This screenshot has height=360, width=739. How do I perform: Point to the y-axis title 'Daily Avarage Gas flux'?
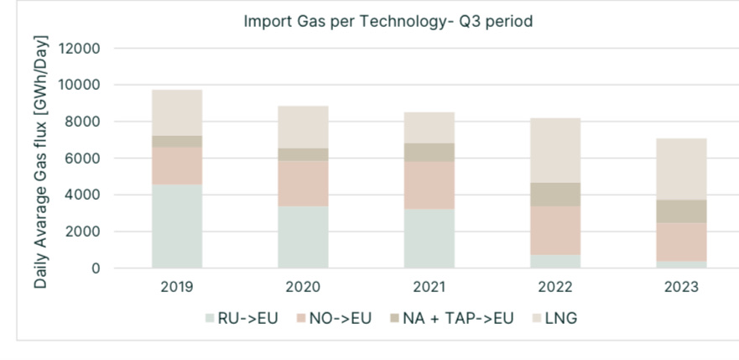41,163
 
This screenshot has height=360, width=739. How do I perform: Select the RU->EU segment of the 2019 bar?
177,226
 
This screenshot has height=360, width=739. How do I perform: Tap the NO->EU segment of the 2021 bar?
429,185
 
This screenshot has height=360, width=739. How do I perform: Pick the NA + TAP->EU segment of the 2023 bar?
681,211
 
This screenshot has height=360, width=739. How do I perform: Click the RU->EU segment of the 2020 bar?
303,237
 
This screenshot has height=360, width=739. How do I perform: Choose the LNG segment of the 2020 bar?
303,127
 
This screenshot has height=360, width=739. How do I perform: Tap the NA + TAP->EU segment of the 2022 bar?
554,194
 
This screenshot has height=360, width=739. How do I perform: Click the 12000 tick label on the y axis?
81,49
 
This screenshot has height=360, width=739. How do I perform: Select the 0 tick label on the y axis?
96,269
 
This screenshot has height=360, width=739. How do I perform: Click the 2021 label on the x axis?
429,286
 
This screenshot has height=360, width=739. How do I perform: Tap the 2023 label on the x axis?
681,286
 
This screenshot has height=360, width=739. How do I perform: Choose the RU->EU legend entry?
239,318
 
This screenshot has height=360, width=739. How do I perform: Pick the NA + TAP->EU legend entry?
450,318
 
